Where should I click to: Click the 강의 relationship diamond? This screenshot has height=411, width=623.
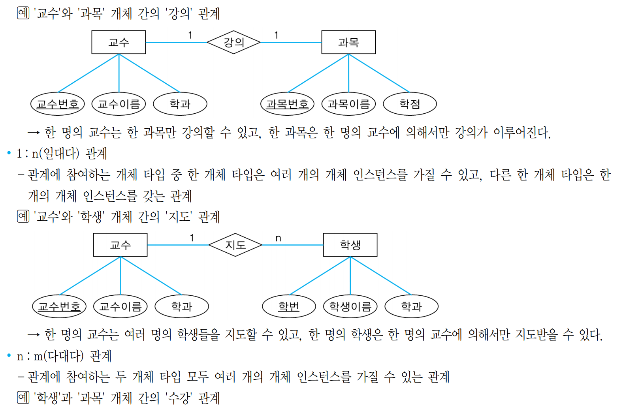(x=233, y=42)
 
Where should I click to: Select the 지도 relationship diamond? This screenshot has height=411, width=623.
(x=235, y=245)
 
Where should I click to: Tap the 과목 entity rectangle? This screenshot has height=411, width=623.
(x=348, y=42)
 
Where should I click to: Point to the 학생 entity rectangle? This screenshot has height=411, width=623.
(x=350, y=245)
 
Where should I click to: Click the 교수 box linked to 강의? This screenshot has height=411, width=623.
(x=119, y=42)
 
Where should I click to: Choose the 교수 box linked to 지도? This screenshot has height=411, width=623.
(x=120, y=245)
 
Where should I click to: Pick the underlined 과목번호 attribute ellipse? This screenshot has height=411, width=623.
(x=287, y=104)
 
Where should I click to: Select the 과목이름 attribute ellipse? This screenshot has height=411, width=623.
(x=348, y=104)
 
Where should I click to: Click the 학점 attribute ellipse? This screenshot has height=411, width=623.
(x=410, y=104)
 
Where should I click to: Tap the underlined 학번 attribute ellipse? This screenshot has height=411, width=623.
(x=289, y=306)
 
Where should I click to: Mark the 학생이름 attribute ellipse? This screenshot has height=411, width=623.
(x=350, y=306)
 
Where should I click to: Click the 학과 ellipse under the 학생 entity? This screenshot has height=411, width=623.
(x=411, y=306)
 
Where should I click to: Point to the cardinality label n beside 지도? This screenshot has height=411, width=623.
(x=278, y=238)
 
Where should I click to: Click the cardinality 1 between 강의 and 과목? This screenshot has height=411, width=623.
(x=276, y=36)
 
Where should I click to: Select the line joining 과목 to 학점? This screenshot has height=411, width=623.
(x=379, y=73)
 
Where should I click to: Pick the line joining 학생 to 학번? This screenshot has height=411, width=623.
(x=320, y=276)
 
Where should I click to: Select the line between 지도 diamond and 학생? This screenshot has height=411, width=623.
(x=292, y=245)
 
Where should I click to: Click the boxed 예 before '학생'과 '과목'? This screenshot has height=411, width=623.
(x=23, y=397)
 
